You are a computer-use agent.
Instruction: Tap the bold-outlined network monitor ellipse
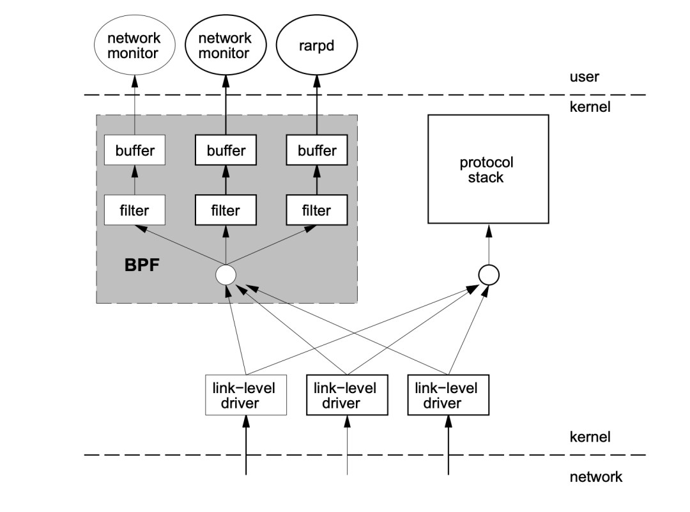tap(224, 45)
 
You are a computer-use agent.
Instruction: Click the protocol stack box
tap(487, 169)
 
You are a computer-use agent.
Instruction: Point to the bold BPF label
tap(142, 265)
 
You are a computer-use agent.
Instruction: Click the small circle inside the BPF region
tap(226, 275)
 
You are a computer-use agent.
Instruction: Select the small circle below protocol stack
tap(489, 275)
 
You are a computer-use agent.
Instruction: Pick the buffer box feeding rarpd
tap(317, 151)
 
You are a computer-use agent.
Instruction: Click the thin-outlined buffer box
tap(134, 151)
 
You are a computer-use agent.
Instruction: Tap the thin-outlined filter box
tap(134, 210)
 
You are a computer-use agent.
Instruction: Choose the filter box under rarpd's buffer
tap(317, 210)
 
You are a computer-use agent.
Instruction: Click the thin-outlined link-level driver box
tap(245, 395)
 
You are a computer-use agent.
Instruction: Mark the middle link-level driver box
tap(347, 395)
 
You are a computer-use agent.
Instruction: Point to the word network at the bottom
tap(595, 477)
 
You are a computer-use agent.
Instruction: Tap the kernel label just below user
tap(590, 107)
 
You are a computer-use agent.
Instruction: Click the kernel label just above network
tap(590, 437)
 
